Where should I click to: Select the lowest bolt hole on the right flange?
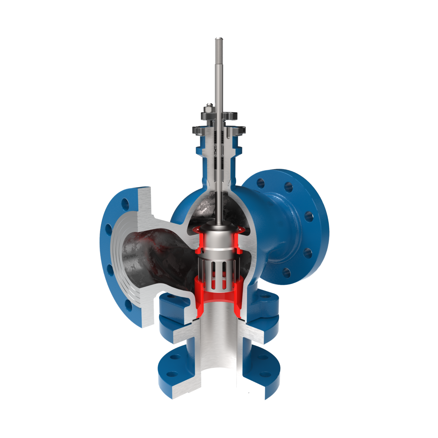(x=287, y=272)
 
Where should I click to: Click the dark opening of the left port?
(x=146, y=255)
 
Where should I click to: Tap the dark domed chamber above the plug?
(x=204, y=208)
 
